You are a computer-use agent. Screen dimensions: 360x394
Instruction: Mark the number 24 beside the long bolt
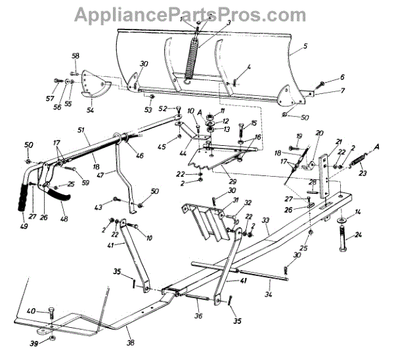click(x=359, y=236)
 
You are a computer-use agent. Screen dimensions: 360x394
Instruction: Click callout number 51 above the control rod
click(x=81, y=131)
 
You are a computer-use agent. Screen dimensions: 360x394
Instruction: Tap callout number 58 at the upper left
click(x=75, y=55)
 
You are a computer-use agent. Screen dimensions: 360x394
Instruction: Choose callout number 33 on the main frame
click(x=265, y=221)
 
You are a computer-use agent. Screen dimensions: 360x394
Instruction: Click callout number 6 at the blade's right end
click(x=341, y=78)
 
